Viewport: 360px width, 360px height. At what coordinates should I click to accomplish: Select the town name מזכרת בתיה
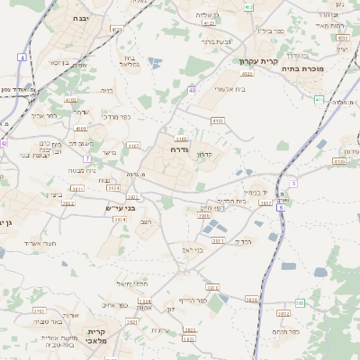pos(301,68)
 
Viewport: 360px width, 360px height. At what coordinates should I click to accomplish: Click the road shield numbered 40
pos(193,90)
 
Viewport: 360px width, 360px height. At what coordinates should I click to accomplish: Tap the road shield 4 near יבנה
pos(22,57)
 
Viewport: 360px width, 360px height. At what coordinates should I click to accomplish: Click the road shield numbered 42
pos(4,142)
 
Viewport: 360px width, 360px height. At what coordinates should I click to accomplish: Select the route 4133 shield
pos(216,120)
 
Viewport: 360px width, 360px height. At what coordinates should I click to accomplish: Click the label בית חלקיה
pos(230,201)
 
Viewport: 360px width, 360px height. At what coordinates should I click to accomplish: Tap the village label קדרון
pos(203,154)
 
